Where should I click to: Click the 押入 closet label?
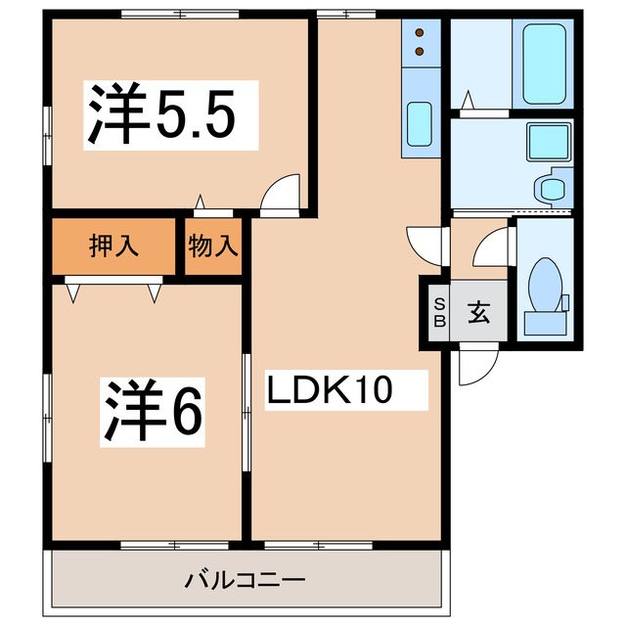[113, 246]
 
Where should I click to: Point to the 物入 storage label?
[212, 246]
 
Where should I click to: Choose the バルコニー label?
[246, 580]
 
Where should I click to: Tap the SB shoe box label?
[438, 312]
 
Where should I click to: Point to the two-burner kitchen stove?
[422, 41]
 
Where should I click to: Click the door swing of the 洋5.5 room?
[282, 192]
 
